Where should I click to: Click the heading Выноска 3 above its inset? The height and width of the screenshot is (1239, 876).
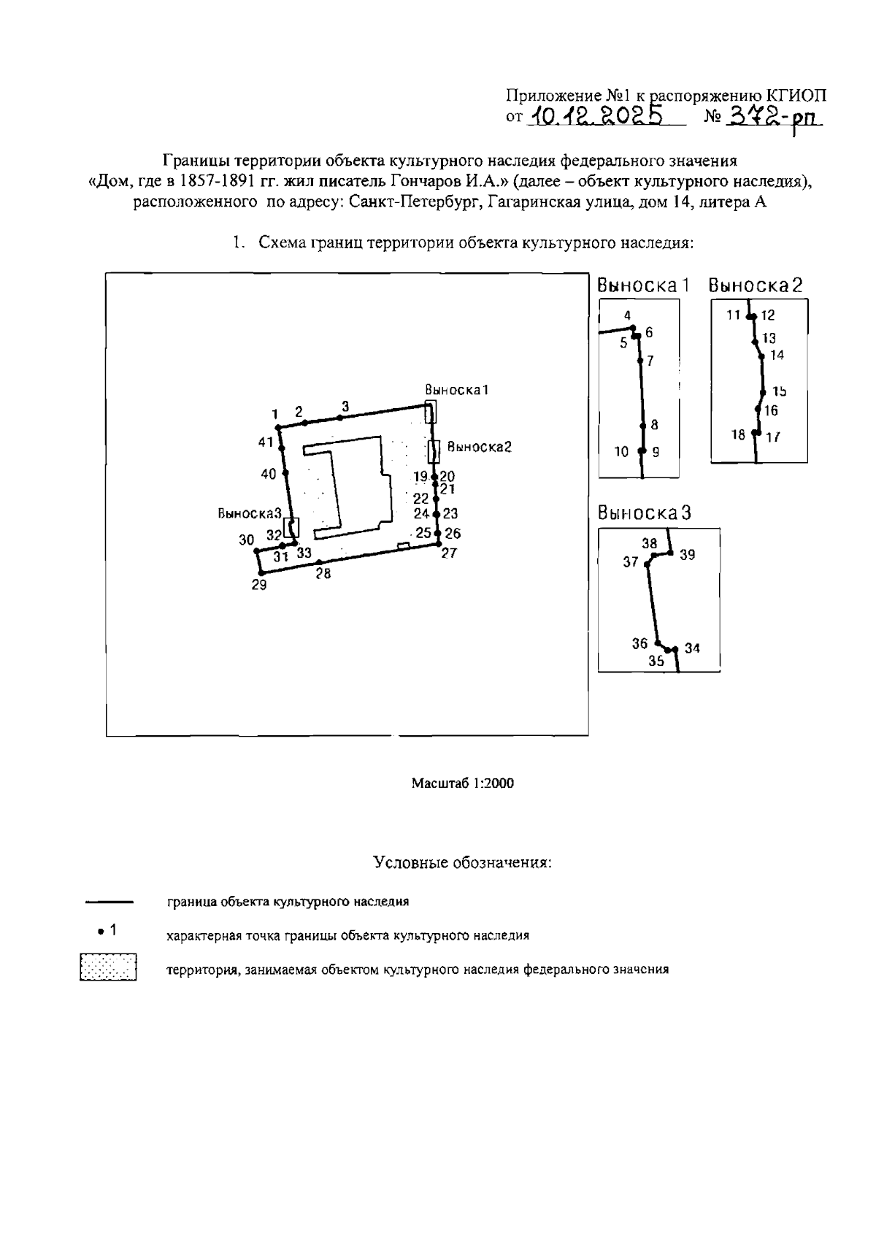pyautogui.click(x=644, y=513)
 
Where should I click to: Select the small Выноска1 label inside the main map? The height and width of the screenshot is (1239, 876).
pyautogui.click(x=456, y=390)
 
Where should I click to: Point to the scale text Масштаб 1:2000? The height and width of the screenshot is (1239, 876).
pyautogui.click(x=463, y=783)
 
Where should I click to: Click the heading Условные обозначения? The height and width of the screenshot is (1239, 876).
pyautogui.click(x=462, y=862)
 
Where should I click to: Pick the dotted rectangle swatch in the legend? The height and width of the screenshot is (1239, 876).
pyautogui.click(x=109, y=967)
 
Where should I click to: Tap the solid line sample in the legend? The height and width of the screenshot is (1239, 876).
pyautogui.click(x=109, y=902)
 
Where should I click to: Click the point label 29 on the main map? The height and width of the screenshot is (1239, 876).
pyautogui.click(x=259, y=585)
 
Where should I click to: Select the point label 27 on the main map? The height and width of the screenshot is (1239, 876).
pyautogui.click(x=449, y=553)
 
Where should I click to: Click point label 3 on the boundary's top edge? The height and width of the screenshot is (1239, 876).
pyautogui.click(x=345, y=406)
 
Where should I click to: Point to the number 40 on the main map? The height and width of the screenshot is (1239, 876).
pyautogui.click(x=269, y=475)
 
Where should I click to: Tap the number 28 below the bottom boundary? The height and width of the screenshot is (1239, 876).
pyautogui.click(x=323, y=574)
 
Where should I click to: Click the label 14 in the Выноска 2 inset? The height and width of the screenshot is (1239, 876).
pyautogui.click(x=777, y=356)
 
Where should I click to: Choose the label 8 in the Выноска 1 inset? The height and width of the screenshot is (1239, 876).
pyautogui.click(x=654, y=424)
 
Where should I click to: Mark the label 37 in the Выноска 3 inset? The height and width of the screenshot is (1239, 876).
pyautogui.click(x=631, y=562)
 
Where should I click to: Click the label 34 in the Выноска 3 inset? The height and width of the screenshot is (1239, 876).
pyautogui.click(x=692, y=648)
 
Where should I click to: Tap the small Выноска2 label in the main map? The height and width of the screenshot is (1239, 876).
pyautogui.click(x=479, y=447)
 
